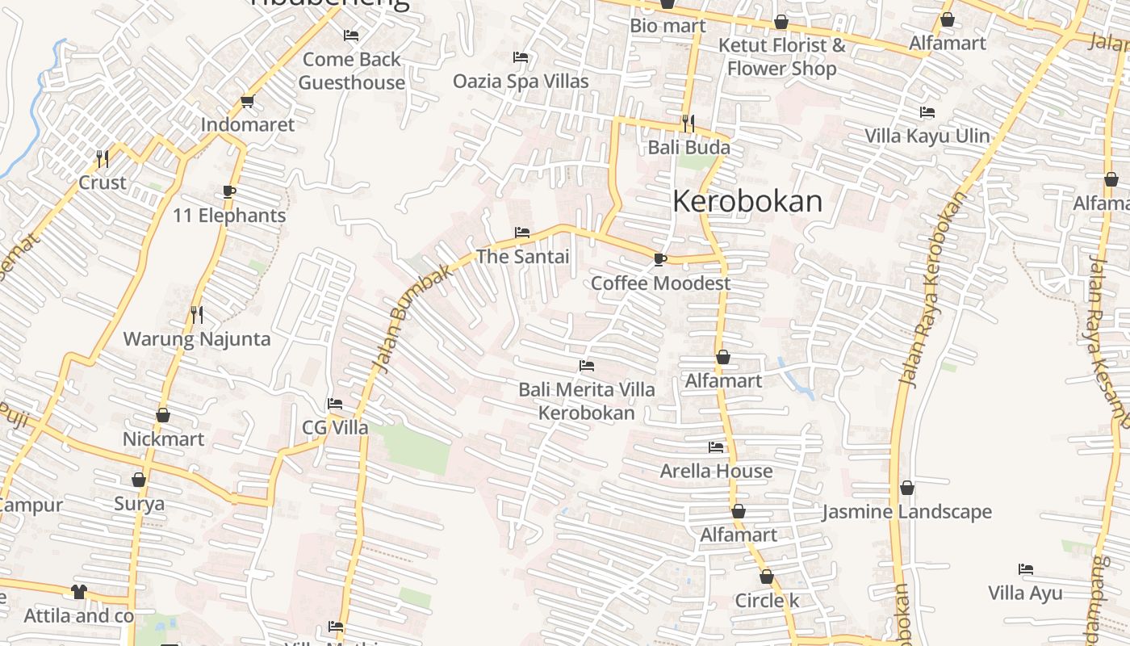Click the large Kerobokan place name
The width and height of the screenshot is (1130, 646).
747,201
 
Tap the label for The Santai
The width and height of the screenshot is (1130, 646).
522,257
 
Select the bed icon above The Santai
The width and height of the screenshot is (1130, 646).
522,233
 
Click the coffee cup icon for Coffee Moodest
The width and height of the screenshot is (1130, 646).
659,259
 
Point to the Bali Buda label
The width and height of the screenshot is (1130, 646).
688,147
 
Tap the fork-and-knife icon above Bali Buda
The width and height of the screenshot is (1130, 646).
688,123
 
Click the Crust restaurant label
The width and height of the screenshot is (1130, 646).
103,182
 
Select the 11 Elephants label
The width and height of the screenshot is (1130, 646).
229,216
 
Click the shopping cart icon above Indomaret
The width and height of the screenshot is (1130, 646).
247,101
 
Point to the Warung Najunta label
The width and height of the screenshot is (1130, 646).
196,338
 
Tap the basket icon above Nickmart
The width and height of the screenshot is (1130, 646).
163,415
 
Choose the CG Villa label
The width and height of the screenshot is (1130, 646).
335,427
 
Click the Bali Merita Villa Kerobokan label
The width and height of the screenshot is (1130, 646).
587,401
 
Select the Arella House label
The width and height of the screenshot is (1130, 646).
716,471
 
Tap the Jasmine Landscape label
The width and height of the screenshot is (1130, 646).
906,512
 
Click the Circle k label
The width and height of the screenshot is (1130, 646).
767,601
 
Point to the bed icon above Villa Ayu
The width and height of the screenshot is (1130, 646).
1026,569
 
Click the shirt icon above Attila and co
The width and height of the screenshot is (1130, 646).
78,591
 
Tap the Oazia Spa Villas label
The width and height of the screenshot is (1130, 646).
521,82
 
